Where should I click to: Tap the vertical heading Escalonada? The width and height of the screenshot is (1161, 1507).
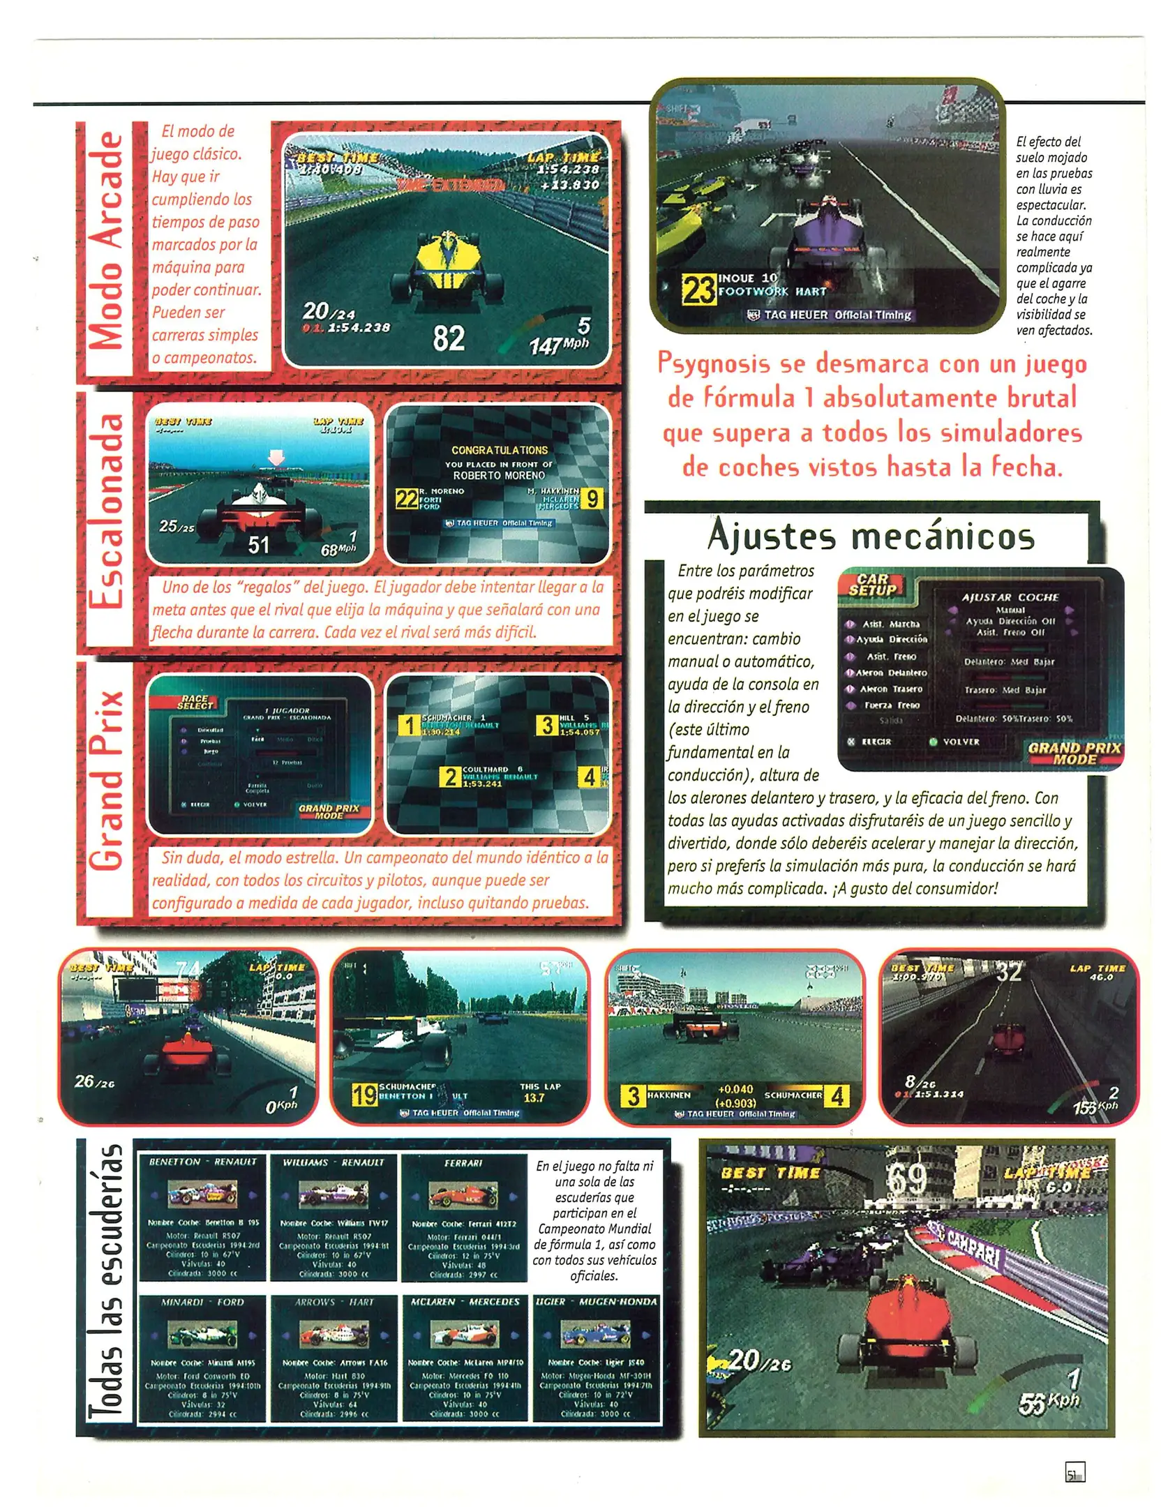107,511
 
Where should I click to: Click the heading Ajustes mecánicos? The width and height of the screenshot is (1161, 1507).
870,536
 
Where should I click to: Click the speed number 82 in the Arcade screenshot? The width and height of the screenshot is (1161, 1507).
448,338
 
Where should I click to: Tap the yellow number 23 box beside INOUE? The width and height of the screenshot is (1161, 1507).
697,288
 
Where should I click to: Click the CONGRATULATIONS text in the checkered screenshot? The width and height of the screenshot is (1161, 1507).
499,450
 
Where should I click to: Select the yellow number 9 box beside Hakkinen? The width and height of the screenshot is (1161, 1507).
592,499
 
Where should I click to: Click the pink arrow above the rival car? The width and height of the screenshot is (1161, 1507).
276,458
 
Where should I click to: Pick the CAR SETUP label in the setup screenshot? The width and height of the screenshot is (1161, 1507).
871,584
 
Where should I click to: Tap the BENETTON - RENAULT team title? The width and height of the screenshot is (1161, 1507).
202,1162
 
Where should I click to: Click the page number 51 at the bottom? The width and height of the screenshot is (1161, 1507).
1072,1473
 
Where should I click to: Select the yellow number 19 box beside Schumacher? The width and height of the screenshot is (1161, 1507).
364,1094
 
